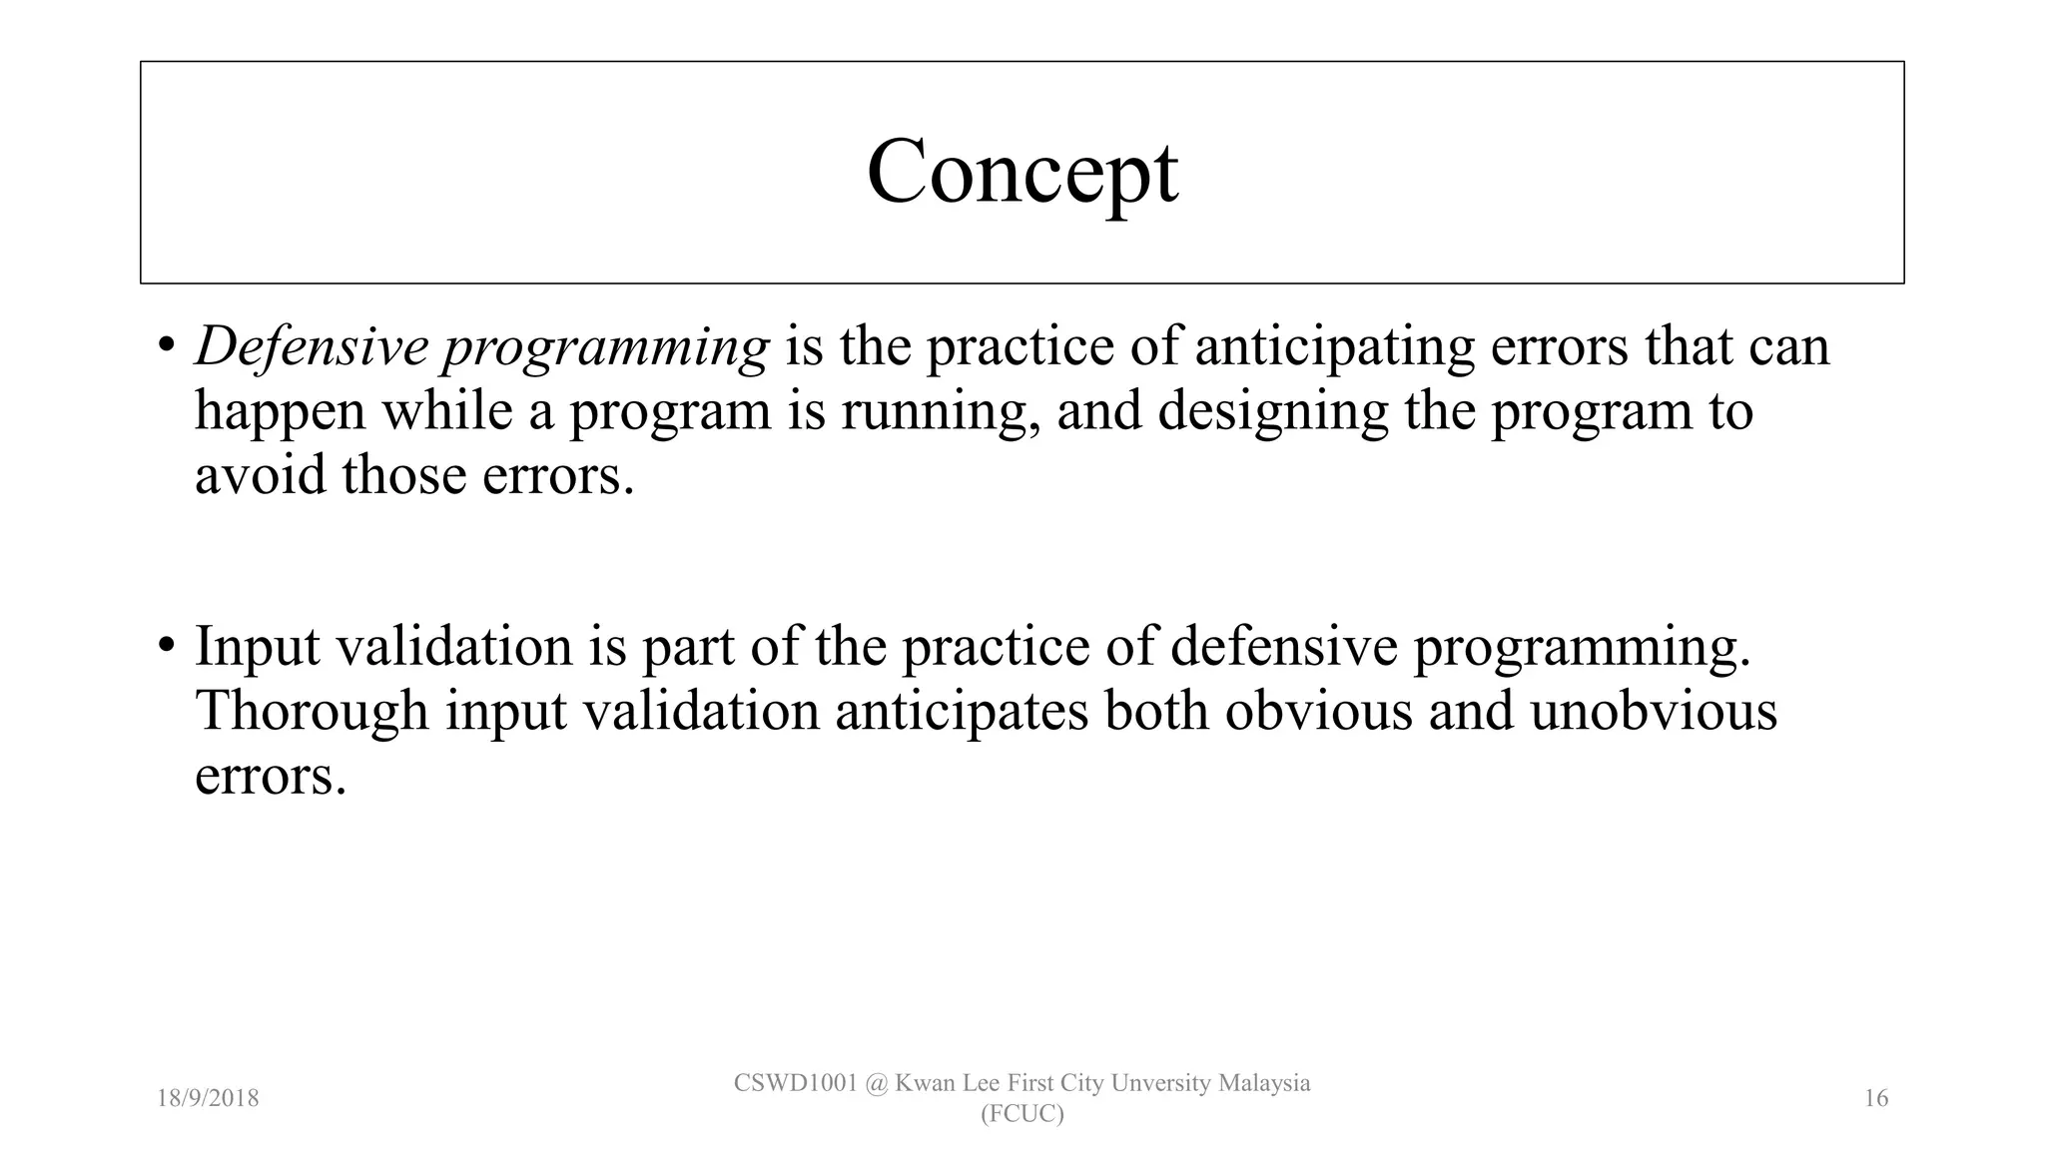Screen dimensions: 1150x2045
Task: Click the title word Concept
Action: click(1022, 172)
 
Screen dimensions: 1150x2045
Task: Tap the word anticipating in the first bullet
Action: click(1334, 347)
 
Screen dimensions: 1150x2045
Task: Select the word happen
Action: click(280, 411)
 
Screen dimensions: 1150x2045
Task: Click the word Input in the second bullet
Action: click(257, 646)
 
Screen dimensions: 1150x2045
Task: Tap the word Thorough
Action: click(312, 711)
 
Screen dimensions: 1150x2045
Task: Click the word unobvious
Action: click(1653, 711)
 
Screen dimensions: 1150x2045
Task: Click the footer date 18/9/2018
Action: click(208, 1099)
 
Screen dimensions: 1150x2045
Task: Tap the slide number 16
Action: click(1875, 1099)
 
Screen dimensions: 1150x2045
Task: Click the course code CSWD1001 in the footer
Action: click(795, 1083)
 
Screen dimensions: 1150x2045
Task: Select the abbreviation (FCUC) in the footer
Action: click(1022, 1114)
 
